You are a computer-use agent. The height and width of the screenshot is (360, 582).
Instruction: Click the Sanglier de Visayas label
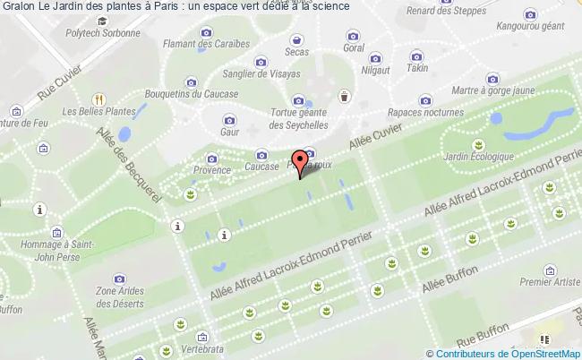click(x=261, y=74)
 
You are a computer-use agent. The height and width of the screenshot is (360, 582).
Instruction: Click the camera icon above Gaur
click(x=229, y=118)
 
